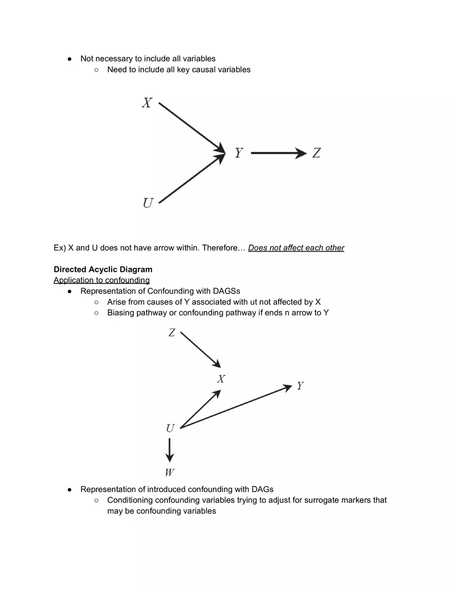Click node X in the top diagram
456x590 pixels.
pyautogui.click(x=147, y=103)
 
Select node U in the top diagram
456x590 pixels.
pyautogui.click(x=148, y=203)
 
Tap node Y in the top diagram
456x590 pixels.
pyautogui.click(x=238, y=153)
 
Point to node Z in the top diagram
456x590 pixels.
pyautogui.click(x=316, y=153)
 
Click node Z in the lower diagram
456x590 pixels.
pyautogui.click(x=172, y=333)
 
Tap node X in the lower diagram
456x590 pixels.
pyautogui.click(x=221, y=379)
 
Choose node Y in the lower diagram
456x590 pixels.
pyautogui.click(x=300, y=386)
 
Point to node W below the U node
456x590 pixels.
pyautogui.click(x=169, y=472)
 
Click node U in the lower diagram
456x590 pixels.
pyautogui.click(x=170, y=428)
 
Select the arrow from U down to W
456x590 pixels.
pyautogui.click(x=169, y=450)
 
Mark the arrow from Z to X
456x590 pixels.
pyautogui.click(x=201, y=350)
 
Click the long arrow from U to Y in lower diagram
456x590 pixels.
pyautogui.click(x=236, y=407)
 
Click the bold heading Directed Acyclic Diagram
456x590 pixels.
pyautogui.click(x=103, y=269)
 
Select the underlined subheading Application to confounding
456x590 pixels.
pyautogui.click(x=102, y=280)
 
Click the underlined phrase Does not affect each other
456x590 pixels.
pyautogui.click(x=296, y=248)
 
